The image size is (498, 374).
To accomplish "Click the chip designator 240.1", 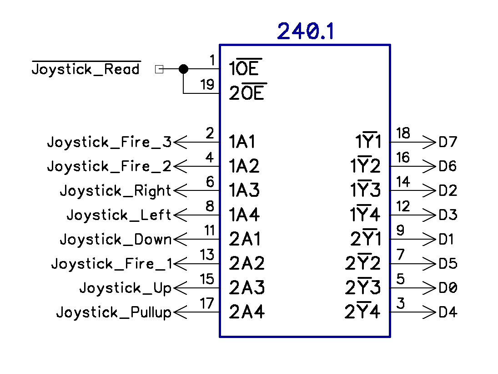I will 305,32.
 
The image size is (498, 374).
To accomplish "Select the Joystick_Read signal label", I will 86,69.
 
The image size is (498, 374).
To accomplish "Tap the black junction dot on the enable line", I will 183,69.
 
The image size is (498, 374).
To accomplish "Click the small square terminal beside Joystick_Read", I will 159,69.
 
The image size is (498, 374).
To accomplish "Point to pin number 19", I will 207,85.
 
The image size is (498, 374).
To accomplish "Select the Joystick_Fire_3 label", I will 109,142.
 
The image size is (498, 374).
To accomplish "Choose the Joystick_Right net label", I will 116,191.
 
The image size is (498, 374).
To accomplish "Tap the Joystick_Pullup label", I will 114,313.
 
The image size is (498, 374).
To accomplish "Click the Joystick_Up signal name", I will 125,288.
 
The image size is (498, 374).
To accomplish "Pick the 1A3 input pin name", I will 244,190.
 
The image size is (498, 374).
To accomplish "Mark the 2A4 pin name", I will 247,312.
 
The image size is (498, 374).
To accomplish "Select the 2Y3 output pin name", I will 362,288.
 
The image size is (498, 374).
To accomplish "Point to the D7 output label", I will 448,142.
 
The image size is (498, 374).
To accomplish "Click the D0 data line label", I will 448,288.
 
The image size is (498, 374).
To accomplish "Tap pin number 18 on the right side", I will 403,133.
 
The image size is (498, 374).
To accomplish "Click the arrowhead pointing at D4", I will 429,313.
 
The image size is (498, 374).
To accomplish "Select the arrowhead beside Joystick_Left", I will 181,215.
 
